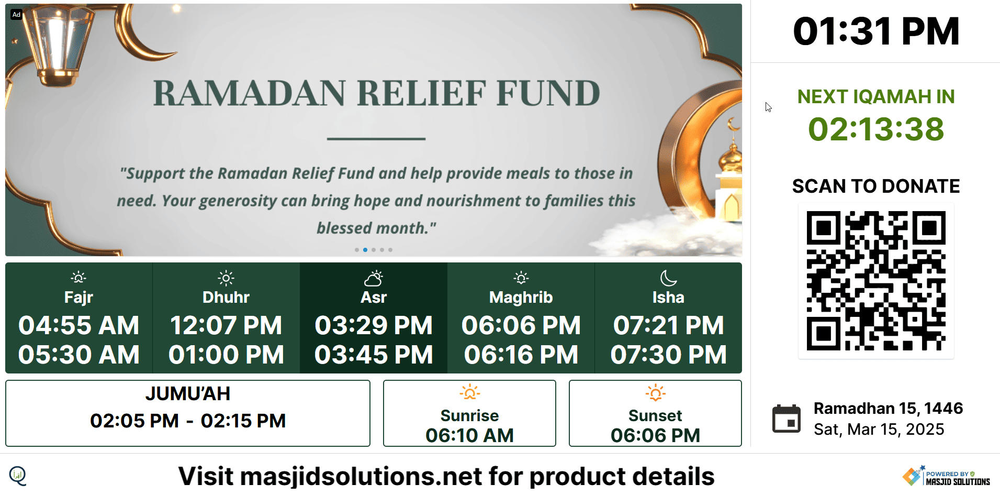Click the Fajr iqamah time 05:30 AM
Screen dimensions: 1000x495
(79, 355)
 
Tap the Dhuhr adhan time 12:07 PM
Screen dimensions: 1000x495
(226, 325)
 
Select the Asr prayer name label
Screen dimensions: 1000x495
(374, 297)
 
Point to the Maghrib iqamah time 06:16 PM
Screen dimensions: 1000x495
(521, 355)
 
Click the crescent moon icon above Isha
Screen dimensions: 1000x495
(668, 278)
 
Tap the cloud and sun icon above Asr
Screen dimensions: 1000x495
(374, 278)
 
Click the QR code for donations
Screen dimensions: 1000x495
(876, 281)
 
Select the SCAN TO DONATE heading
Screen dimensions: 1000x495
(876, 186)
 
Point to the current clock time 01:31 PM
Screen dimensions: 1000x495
(876, 31)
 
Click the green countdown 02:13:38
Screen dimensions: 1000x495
(876, 129)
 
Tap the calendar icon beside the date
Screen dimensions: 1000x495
(786, 419)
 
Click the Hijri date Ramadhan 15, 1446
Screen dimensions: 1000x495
(888, 408)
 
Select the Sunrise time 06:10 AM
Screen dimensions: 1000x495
(469, 435)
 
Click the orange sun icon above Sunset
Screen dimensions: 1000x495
(655, 392)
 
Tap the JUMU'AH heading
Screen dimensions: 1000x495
(188, 393)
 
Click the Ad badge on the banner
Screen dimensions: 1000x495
(16, 15)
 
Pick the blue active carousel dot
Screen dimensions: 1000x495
(365, 250)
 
